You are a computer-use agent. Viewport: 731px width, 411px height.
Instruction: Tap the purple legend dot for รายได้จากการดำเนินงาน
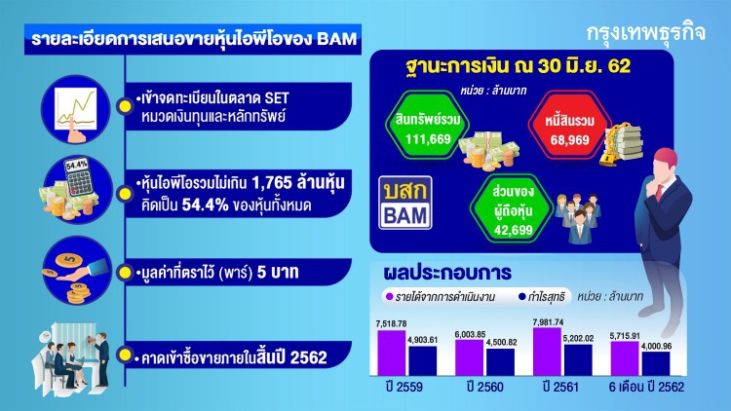click(x=387, y=293)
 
